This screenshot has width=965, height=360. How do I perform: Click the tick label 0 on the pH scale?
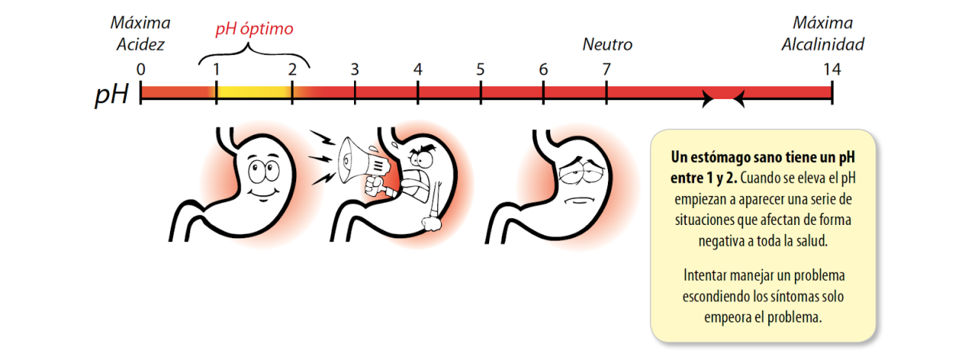tap(141, 69)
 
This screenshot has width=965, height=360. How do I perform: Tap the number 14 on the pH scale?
tap(831, 69)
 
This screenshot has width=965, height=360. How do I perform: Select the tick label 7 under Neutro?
tap(606, 69)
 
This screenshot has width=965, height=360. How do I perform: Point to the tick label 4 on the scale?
tap(418, 69)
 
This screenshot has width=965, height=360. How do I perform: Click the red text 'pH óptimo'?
tap(254, 30)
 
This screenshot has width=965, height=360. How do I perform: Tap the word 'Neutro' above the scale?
tap(606, 45)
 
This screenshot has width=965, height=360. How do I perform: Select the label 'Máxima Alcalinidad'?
tap(822, 34)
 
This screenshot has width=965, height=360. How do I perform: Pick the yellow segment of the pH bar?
tap(253, 93)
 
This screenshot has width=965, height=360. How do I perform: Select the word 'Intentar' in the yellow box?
tap(707, 275)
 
